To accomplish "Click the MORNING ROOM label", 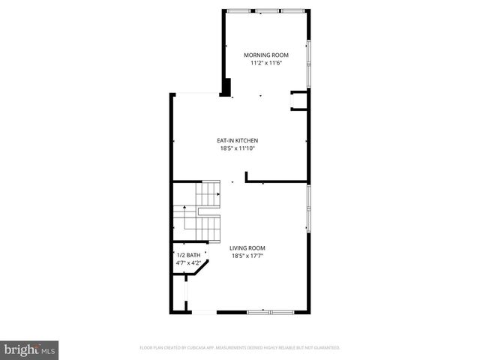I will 265,55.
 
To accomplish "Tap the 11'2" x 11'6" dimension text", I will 265,64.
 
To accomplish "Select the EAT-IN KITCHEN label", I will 237,140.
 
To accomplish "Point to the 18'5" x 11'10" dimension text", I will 237,148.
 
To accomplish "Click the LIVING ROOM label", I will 247,248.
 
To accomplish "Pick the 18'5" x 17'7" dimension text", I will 247,256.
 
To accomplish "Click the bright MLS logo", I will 30,349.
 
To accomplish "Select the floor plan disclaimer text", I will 240,348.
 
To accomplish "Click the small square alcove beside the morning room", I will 298,101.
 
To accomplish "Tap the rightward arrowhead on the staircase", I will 218,193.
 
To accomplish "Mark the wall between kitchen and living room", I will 276,181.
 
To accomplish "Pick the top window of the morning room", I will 268,10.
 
